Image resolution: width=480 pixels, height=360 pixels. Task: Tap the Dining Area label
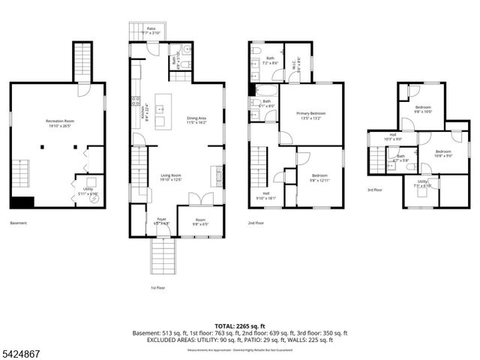[x=197, y=121]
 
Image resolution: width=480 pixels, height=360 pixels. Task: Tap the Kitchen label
[x=143, y=112]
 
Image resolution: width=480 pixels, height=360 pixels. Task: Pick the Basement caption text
[x=19, y=223]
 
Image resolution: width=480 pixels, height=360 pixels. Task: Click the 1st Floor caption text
[x=158, y=287]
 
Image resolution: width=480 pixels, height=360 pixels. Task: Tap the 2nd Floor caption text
[x=256, y=223]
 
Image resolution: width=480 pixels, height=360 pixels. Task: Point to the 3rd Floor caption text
[x=375, y=190]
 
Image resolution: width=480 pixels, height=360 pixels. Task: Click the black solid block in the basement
[x=22, y=202]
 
